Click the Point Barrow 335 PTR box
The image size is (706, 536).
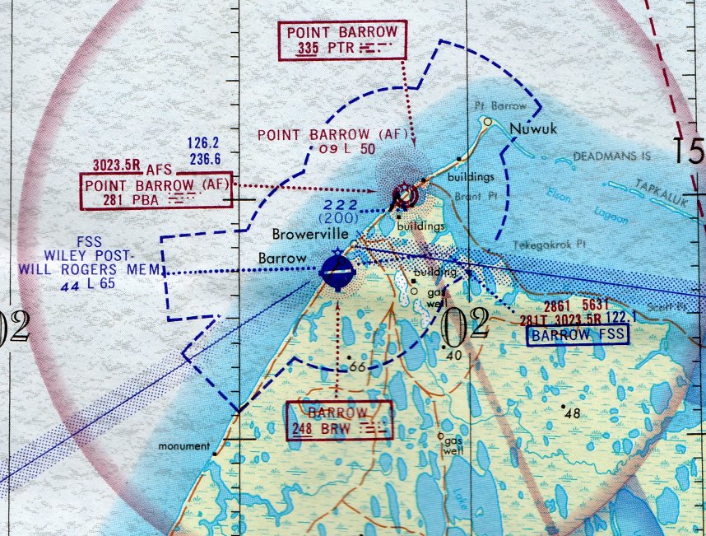coord(342,40)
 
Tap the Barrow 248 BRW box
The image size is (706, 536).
coord(339,420)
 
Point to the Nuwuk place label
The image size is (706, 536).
coord(528,129)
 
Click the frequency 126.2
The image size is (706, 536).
coord(206,142)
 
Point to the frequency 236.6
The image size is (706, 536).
coord(206,159)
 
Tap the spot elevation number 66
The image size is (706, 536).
coord(358,366)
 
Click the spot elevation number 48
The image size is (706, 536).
coord(574,412)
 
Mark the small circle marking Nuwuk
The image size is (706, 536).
coord(488,122)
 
